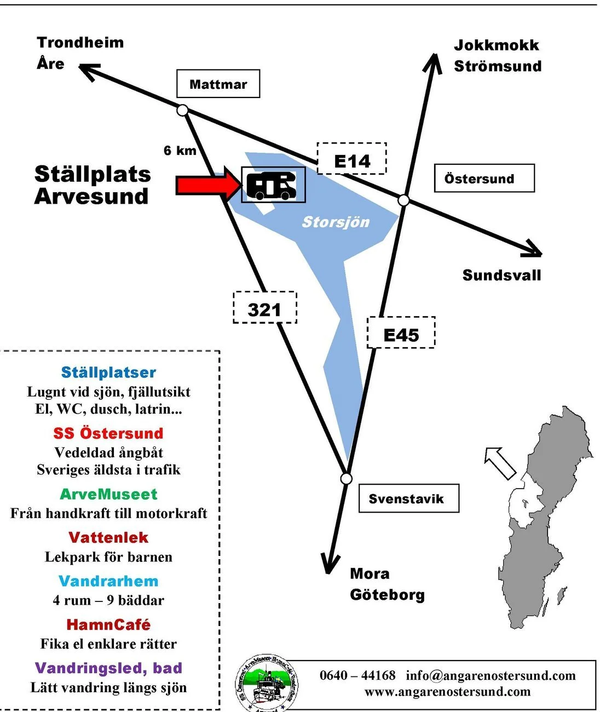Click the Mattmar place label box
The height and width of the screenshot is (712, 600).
pyautogui.click(x=218, y=84)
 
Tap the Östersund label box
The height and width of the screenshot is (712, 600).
pyautogui.click(x=484, y=179)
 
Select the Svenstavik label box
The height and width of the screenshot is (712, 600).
pyautogui.click(x=408, y=498)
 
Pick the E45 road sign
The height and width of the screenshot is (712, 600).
pyautogui.click(x=401, y=333)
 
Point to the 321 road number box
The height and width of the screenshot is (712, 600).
pyautogui.click(x=265, y=308)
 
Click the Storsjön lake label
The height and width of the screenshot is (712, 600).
pyautogui.click(x=336, y=222)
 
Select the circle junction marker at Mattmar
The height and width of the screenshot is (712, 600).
pyautogui.click(x=183, y=110)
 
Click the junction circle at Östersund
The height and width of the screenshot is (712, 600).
pyautogui.click(x=403, y=200)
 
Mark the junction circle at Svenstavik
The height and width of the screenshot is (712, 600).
pyautogui.click(x=346, y=479)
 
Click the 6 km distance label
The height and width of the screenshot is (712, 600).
pyautogui.click(x=180, y=151)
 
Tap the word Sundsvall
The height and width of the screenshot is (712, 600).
pyautogui.click(x=501, y=275)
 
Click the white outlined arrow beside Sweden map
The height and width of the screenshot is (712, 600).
pyautogui.click(x=500, y=462)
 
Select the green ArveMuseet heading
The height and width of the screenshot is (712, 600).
pyautogui.click(x=108, y=494)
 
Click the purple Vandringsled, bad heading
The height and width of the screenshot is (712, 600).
pyautogui.click(x=108, y=668)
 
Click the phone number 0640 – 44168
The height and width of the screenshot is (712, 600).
pyautogui.click(x=357, y=675)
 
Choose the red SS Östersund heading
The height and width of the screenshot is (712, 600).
pyautogui.click(x=108, y=433)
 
